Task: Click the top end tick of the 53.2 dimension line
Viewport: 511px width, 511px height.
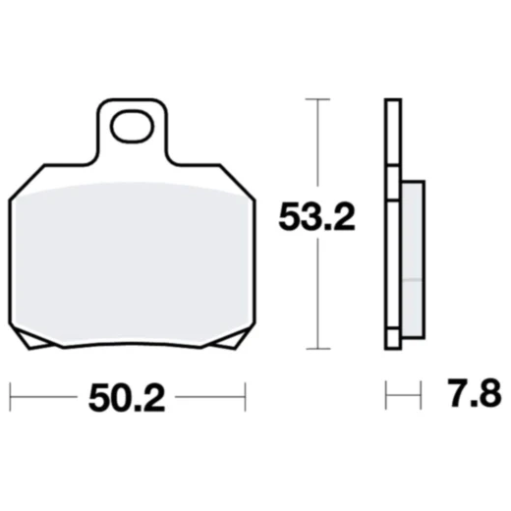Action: (315, 99)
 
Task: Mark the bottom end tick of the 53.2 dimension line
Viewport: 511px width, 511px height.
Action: (315, 348)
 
